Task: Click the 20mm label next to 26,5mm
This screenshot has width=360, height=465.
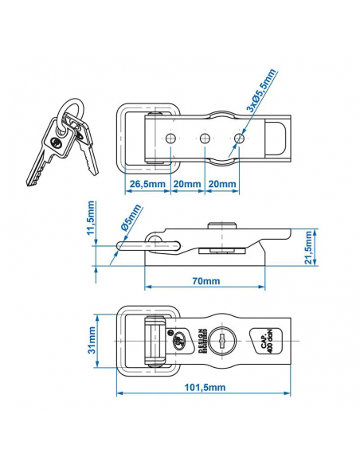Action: coord(186,185)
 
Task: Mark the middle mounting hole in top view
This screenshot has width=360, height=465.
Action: coord(204,139)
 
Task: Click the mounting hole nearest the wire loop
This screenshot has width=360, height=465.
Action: coord(170,139)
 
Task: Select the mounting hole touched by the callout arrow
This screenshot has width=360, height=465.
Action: coord(238,139)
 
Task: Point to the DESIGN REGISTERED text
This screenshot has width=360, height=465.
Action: coord(198,339)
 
